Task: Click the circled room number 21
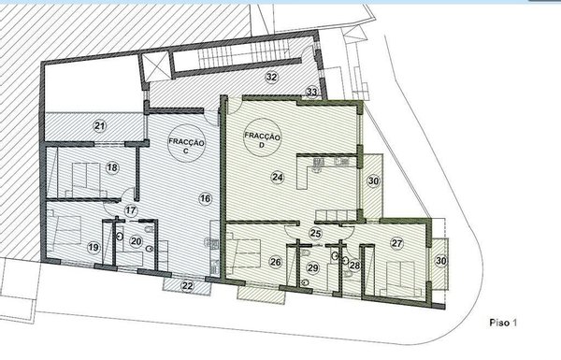[101, 125]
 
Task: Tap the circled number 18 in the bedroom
[112, 167]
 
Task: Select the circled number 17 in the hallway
[131, 210]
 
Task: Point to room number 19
[93, 247]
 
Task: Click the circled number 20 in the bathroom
[136, 241]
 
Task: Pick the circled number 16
[205, 198]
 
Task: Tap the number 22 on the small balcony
[188, 286]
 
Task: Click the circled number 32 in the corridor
[272, 77]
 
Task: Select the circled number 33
[311, 92]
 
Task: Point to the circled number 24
[278, 177]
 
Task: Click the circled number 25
[316, 234]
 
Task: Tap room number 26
[276, 262]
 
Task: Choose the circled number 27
[396, 244]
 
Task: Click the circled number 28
[355, 266]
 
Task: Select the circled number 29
[313, 267]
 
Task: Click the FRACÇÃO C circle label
[186, 143]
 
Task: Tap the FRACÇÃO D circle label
[262, 137]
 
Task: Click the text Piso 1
[503, 323]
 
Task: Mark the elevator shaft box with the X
[155, 66]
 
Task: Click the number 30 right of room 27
[441, 261]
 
